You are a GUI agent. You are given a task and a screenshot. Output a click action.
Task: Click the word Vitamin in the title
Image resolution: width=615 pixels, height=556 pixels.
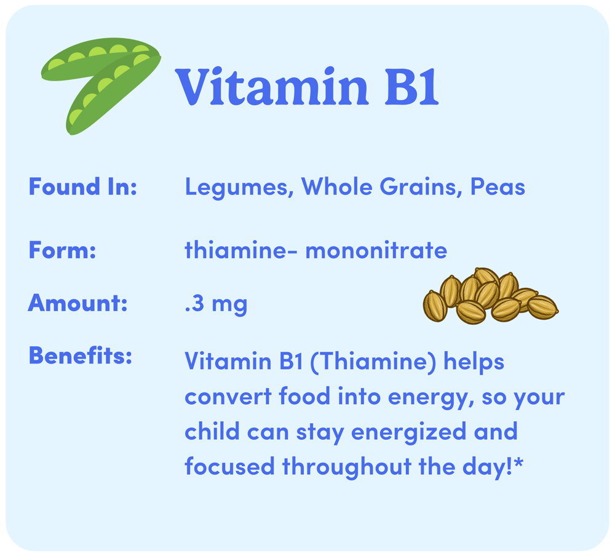[x=271, y=87]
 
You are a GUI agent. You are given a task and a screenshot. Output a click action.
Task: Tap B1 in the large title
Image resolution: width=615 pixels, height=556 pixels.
[x=411, y=87]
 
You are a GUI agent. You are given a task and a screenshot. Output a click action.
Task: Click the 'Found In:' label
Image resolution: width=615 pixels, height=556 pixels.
[x=83, y=186]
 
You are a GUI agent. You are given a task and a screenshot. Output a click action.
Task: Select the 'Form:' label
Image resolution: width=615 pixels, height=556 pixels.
[x=62, y=250]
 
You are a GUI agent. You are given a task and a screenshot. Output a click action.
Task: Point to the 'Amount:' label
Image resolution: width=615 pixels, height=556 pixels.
[x=77, y=303]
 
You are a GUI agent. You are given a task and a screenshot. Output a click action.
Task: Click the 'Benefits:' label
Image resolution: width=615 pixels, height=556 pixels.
[x=81, y=355]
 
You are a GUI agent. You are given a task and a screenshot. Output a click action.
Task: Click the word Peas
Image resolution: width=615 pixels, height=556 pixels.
[x=498, y=187]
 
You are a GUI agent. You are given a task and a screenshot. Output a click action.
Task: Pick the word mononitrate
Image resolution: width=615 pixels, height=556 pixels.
[x=376, y=250]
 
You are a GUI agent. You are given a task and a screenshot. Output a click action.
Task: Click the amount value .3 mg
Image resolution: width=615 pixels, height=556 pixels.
[x=216, y=304]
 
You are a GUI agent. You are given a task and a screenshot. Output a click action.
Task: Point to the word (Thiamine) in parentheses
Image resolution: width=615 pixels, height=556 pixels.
[x=373, y=361]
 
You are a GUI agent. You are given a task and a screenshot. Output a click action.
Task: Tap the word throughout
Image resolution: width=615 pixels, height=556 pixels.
[x=347, y=467]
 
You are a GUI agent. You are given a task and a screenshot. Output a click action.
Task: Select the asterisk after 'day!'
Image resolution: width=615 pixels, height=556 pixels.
[x=518, y=463]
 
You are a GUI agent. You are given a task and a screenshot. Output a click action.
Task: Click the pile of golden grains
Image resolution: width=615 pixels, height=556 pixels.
[x=491, y=296]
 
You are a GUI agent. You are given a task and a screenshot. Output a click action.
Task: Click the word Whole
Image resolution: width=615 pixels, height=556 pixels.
[x=336, y=186]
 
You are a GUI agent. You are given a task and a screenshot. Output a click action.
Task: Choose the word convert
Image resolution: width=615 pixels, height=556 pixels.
[x=228, y=397]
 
